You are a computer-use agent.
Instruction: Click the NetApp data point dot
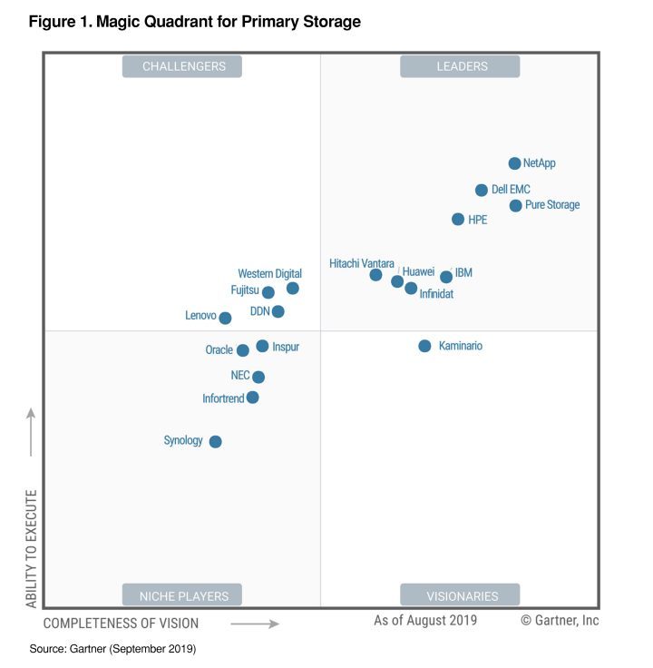[x=514, y=163]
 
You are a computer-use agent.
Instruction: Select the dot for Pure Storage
[x=515, y=205]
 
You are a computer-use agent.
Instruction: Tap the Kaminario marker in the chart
[x=424, y=346]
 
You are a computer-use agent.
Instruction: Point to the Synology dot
[x=215, y=442]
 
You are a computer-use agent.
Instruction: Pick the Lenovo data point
[x=225, y=318]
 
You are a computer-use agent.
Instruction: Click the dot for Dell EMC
[x=482, y=190]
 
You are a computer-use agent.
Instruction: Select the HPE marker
[x=458, y=219]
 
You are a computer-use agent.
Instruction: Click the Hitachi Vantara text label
[x=362, y=263]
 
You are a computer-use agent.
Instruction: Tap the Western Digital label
[x=269, y=273]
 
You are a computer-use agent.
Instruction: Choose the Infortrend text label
[x=223, y=398]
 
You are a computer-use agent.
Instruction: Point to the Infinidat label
[x=436, y=294]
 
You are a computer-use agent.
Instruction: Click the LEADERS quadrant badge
[x=460, y=66]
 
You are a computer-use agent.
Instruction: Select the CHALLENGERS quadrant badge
[x=184, y=66]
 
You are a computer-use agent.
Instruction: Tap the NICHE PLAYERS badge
[x=184, y=595]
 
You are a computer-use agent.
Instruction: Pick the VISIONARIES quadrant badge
[x=462, y=595]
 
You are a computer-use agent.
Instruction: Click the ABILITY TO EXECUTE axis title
[x=31, y=548]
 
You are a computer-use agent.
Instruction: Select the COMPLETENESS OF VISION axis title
[x=121, y=624]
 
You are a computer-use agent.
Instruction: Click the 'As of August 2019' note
[x=425, y=620]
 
